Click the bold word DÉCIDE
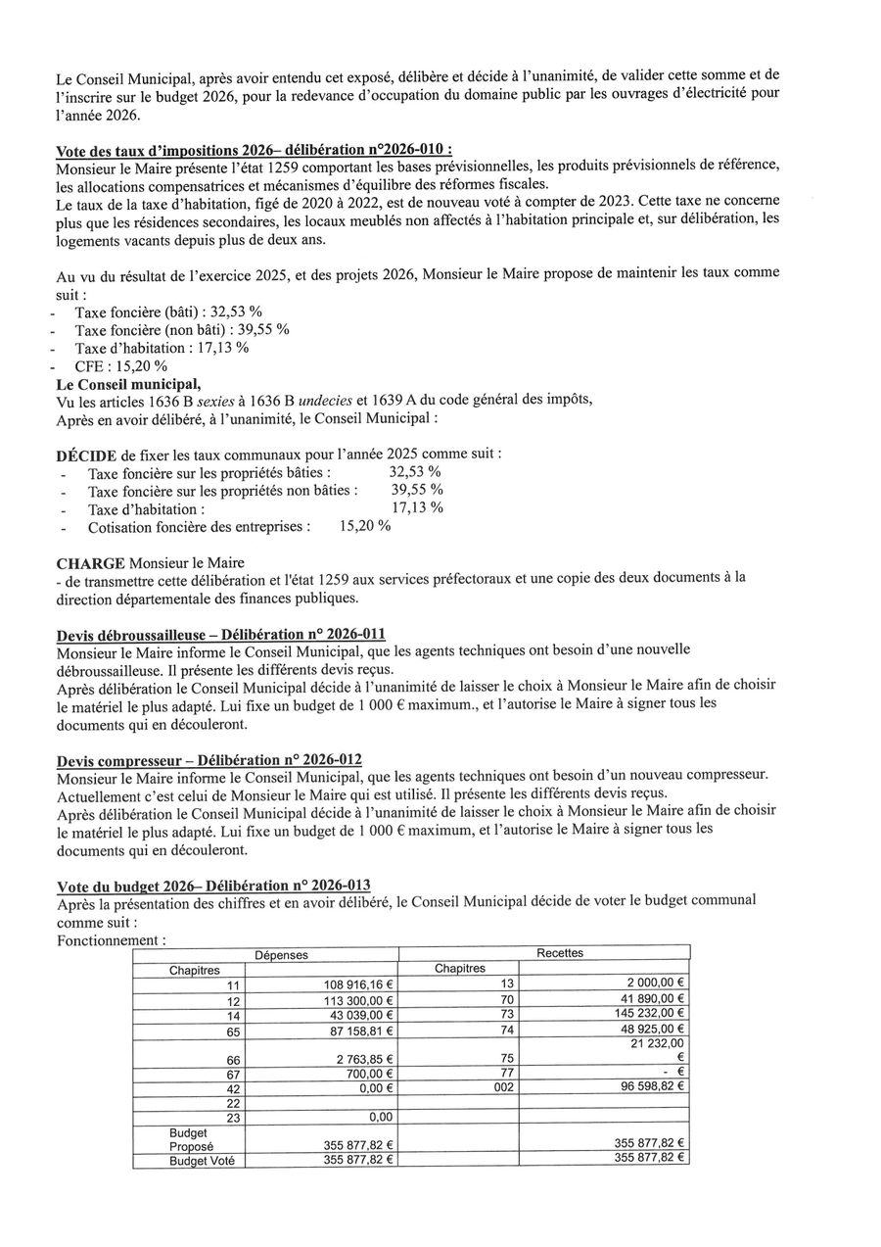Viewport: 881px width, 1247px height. pyautogui.click(x=88, y=456)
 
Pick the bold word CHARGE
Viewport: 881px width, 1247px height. pyautogui.click(x=90, y=564)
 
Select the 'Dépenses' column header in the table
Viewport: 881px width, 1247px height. pyautogui.click(x=281, y=954)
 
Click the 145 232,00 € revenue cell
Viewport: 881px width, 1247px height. pyautogui.click(x=647, y=1014)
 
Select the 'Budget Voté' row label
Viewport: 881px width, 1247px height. pyautogui.click(x=194, y=1161)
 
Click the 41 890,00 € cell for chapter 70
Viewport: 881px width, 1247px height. pyautogui.click(x=650, y=999)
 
